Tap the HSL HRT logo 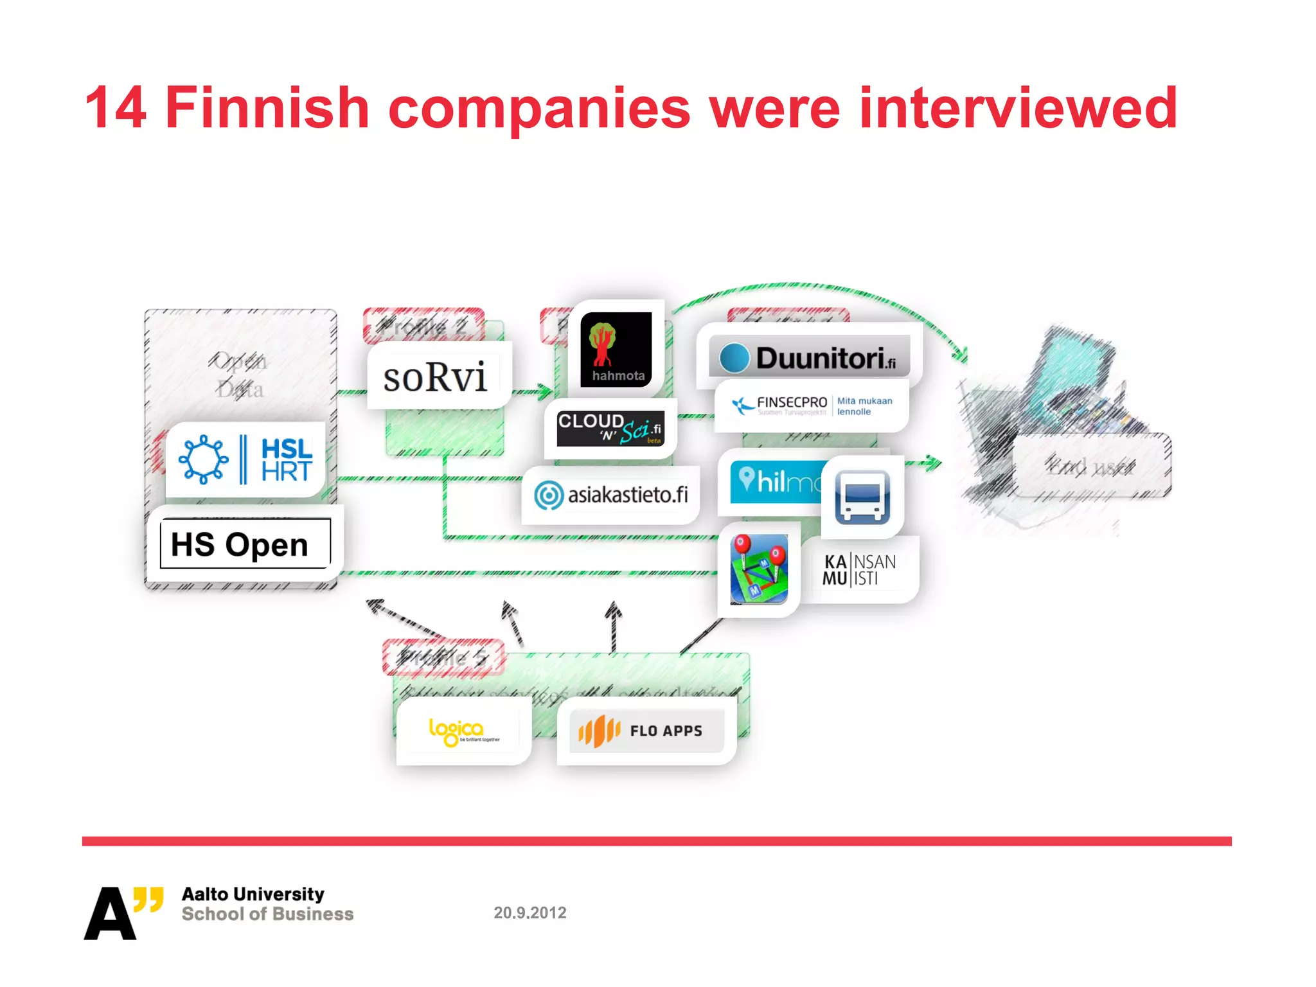coord(246,459)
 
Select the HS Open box coord(244,544)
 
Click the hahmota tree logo coord(616,350)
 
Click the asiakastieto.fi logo coord(610,495)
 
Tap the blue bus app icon coord(862,497)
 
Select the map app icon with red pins coord(759,569)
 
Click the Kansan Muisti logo coord(859,569)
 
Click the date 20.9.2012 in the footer coord(530,912)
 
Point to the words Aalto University coord(253,894)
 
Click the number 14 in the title coord(116,108)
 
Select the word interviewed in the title coord(1018,108)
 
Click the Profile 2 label coord(423,326)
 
